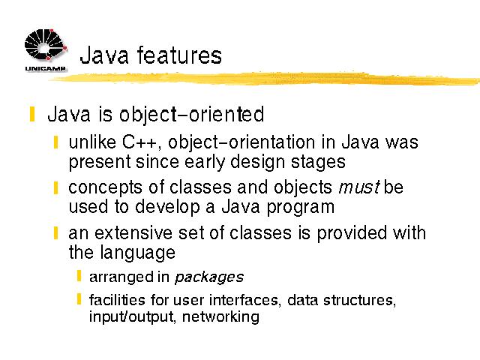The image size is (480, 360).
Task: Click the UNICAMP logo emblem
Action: [45, 44]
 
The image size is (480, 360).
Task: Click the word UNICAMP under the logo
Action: [45, 68]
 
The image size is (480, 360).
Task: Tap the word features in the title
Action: [179, 55]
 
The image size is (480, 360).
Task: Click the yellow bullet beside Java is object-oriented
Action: [32, 114]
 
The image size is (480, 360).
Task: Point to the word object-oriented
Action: [191, 115]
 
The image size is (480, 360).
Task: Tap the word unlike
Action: [92, 142]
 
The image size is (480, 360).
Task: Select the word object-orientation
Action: [241, 143]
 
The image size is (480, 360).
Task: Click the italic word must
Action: [359, 187]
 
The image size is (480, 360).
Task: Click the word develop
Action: [167, 208]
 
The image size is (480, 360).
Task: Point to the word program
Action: [300, 208]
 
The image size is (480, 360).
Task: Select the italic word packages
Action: [209, 277]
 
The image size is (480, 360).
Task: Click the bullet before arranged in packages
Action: [79, 275]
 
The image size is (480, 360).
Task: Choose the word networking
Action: [220, 316]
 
